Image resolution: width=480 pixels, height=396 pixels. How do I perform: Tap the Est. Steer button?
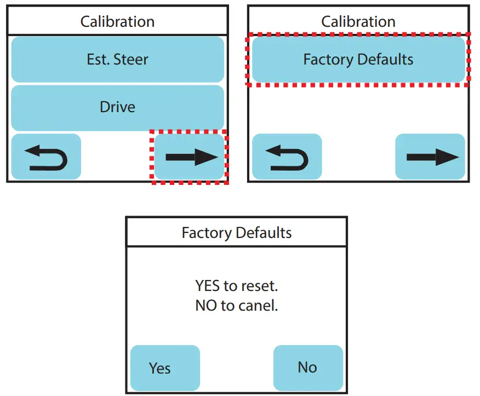point(117,59)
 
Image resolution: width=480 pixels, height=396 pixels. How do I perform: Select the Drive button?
point(117,107)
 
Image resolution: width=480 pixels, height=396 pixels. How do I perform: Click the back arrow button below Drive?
point(46,157)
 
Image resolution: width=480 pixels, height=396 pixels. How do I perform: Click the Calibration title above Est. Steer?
point(117,22)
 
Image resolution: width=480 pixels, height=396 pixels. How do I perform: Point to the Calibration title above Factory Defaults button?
point(358,22)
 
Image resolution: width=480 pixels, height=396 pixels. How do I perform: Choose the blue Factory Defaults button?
point(358,59)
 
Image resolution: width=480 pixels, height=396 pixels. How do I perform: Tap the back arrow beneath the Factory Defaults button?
point(287,157)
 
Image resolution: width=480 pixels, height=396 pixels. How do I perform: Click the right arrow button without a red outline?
point(430,157)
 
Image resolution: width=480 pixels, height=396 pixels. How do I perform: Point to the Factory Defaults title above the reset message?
point(237,233)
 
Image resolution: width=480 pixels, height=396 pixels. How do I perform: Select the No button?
point(307,367)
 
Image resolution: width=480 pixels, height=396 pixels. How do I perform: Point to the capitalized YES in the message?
point(208,286)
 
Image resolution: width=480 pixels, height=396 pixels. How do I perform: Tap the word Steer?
point(131,59)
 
